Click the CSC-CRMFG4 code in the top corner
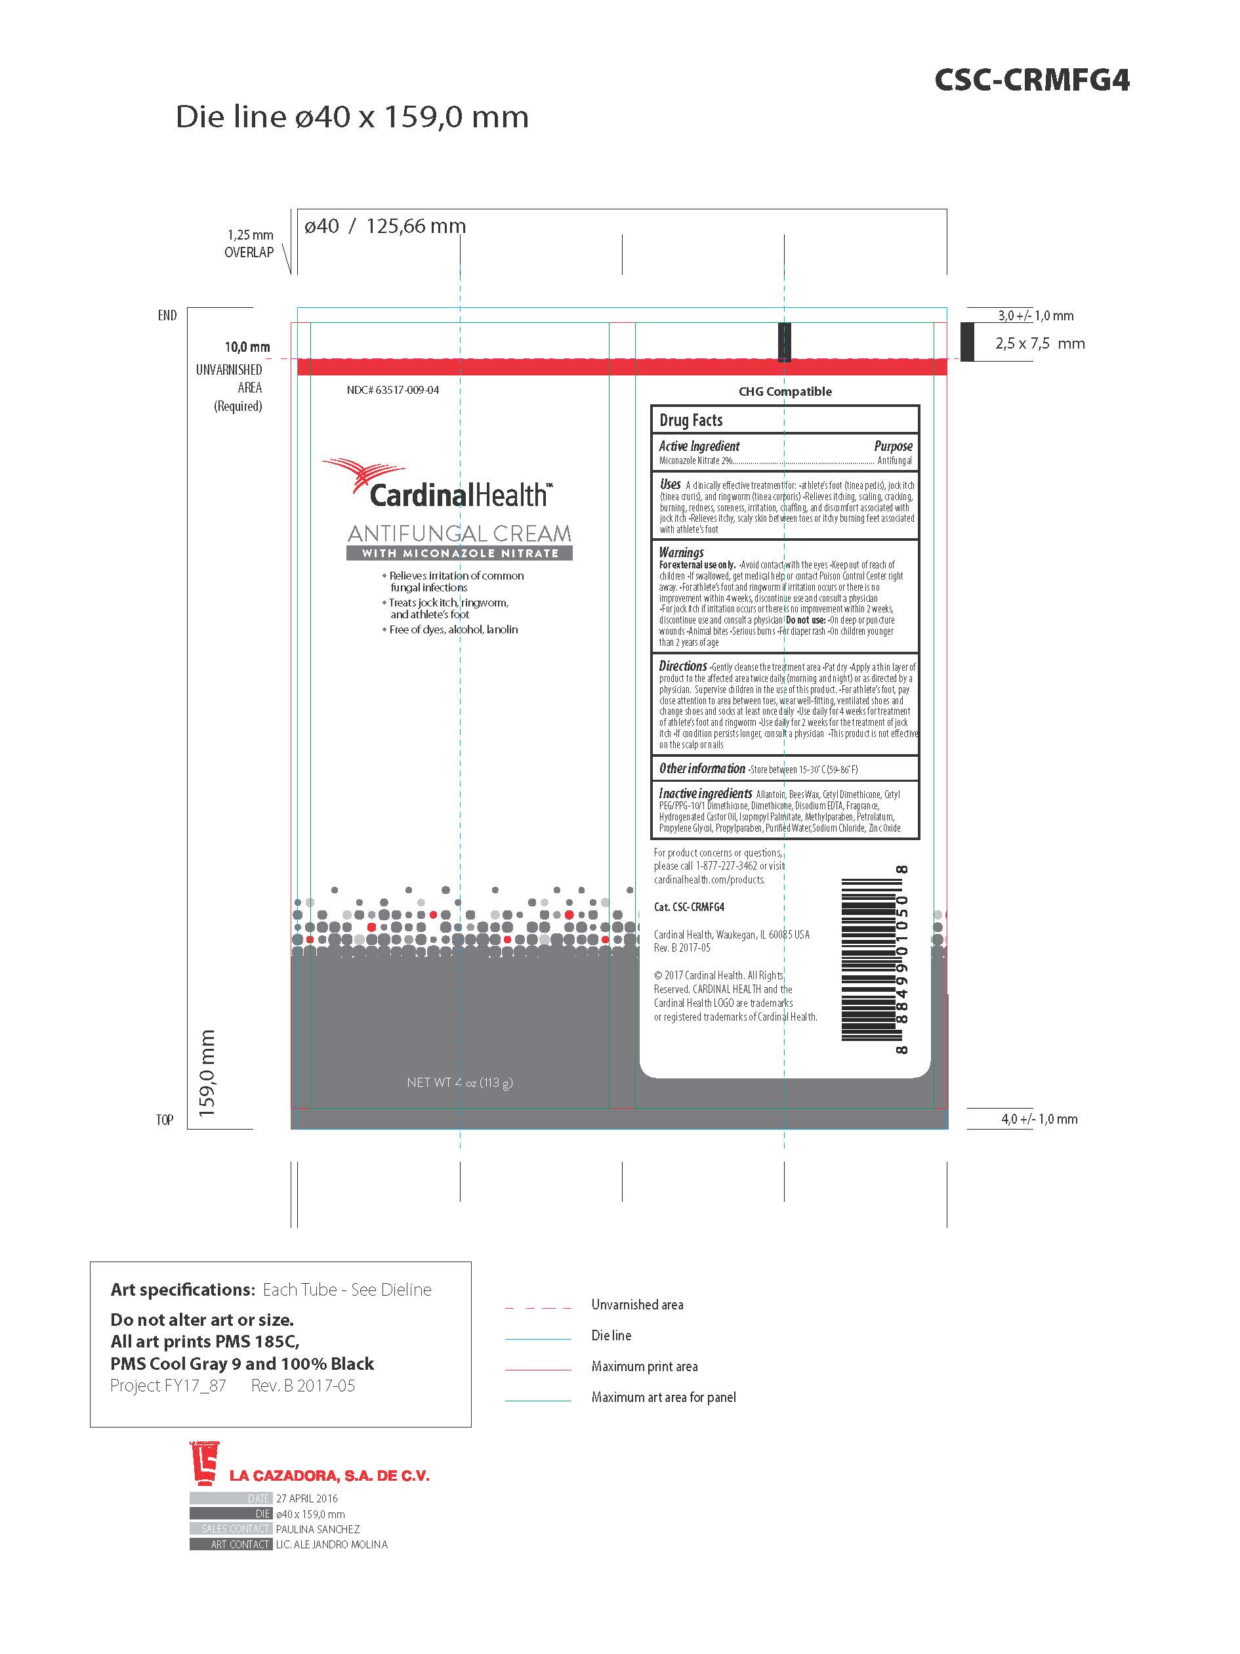click(1031, 80)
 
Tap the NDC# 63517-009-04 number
click(393, 391)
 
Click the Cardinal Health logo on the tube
click(437, 484)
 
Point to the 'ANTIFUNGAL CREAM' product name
click(459, 534)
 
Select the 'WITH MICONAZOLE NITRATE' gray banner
click(459, 553)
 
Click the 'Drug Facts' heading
click(691, 420)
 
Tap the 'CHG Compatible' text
click(785, 392)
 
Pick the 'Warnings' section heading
click(681, 553)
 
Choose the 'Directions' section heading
click(682, 666)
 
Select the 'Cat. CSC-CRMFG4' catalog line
click(689, 907)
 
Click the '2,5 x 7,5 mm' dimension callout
click(1040, 344)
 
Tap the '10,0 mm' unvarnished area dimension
click(247, 347)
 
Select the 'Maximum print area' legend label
click(644, 1367)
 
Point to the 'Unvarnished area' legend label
click(637, 1305)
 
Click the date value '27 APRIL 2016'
click(306, 1498)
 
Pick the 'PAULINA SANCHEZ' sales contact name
click(318, 1529)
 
